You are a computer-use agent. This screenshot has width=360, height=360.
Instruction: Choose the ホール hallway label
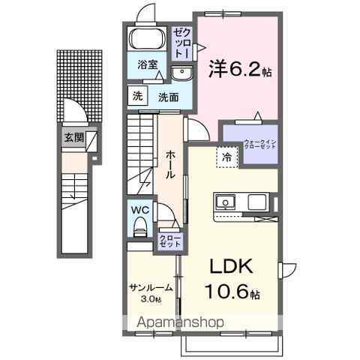pos(170,163)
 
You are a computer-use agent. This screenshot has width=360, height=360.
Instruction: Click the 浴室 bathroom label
pos(147,65)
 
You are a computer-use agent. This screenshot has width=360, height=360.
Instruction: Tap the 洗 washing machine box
pos(137,96)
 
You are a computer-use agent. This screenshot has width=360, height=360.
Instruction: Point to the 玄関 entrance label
pos(73,136)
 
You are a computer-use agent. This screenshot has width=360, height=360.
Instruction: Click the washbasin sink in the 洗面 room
pos(181,72)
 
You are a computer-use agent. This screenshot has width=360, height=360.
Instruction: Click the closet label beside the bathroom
pos(181,43)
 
